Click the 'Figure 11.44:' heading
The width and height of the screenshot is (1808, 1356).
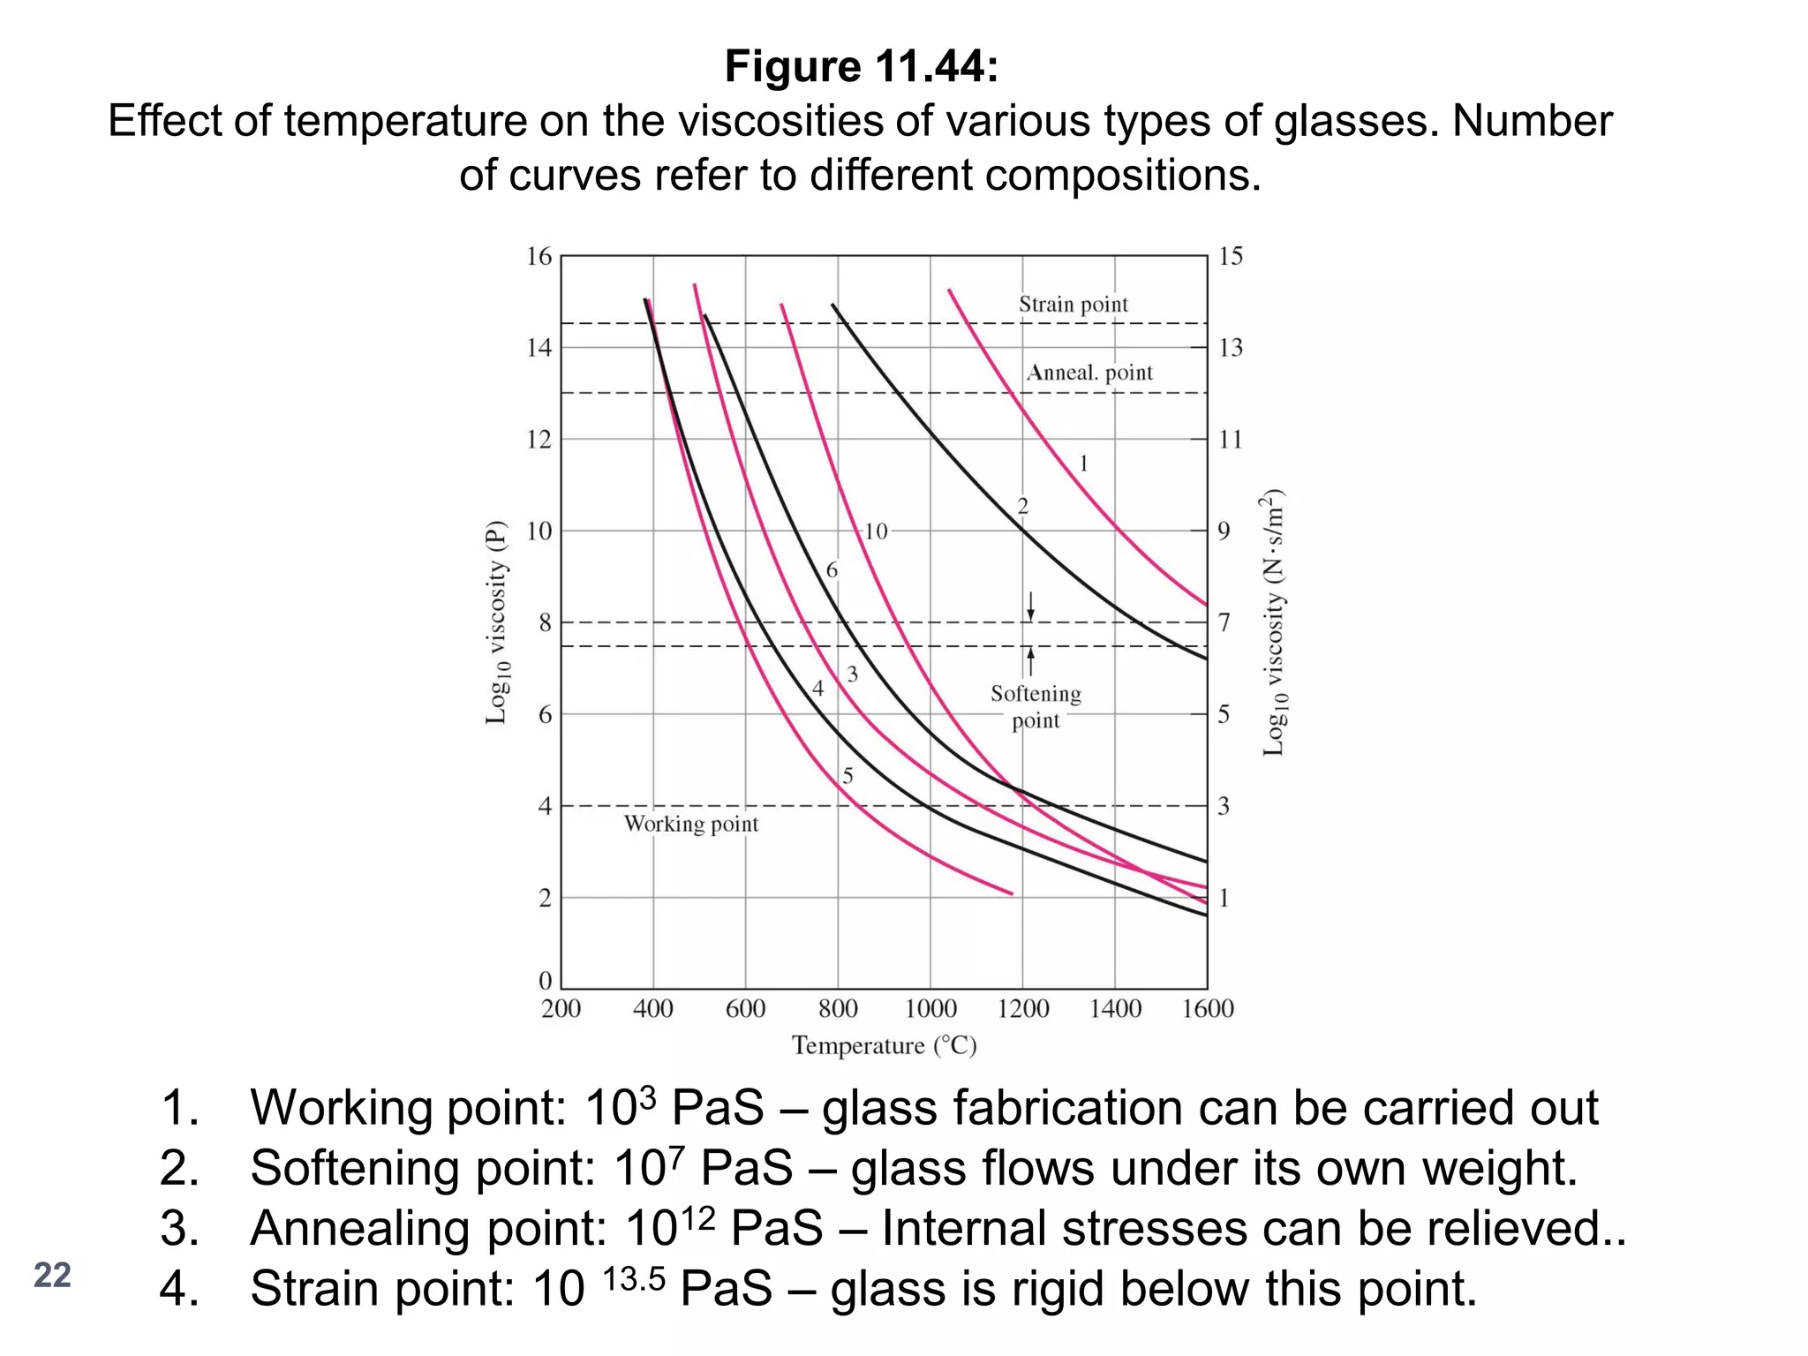point(862,67)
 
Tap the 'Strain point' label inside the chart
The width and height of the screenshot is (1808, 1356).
point(1073,305)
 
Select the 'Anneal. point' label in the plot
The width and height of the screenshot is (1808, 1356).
point(1089,373)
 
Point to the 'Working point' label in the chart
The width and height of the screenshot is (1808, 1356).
point(690,825)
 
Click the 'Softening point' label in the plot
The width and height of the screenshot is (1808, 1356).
point(1036,707)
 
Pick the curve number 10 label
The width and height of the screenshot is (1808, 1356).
point(875,531)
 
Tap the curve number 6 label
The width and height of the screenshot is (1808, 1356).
point(831,570)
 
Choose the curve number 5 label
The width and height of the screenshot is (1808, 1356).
point(847,776)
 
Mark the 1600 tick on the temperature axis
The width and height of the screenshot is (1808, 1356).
point(1207,1008)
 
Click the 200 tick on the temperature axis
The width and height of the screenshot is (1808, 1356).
point(561,1008)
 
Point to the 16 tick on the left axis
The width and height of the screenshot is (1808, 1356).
point(539,257)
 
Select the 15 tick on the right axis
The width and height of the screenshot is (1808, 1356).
point(1230,257)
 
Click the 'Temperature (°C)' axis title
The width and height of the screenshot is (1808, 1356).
point(884,1046)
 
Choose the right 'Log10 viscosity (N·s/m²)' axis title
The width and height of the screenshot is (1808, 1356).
point(1274,622)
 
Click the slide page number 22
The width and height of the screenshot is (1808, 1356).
point(52,1276)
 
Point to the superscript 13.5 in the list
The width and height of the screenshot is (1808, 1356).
point(633,1277)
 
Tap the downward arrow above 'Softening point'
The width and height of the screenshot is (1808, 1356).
point(1030,607)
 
